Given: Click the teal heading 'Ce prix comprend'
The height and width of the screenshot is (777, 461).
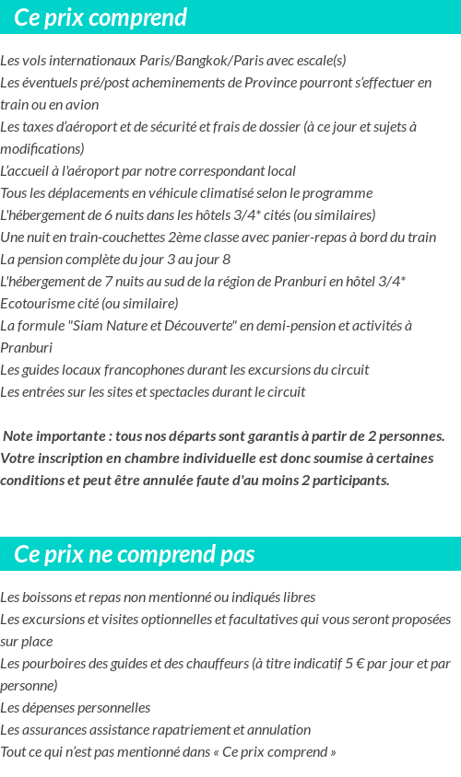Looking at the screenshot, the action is (x=100, y=17).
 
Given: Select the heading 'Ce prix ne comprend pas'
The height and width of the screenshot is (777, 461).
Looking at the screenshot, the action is (x=135, y=555).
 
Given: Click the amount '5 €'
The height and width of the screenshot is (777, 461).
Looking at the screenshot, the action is (x=355, y=664).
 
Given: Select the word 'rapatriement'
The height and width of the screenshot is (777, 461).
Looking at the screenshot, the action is (x=190, y=730).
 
